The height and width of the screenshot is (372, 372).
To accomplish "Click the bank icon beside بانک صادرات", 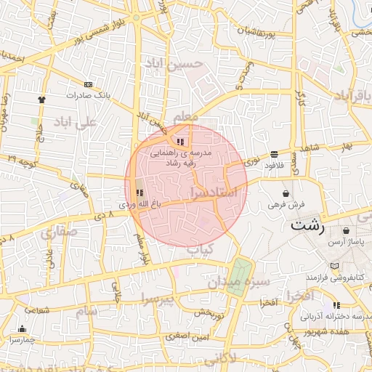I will click(89, 84).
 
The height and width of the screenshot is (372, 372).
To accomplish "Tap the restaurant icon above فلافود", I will click(274, 154).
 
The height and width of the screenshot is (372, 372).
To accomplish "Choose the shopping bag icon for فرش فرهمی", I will click(287, 194).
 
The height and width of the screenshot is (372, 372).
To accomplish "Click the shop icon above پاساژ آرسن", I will click(346, 231).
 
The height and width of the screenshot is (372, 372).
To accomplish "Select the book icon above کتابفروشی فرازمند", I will click(333, 266).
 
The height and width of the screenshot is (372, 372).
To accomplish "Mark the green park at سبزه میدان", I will click(237, 277).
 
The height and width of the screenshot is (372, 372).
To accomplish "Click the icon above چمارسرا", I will click(23, 328).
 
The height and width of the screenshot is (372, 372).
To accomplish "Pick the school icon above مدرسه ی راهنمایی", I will click(179, 142).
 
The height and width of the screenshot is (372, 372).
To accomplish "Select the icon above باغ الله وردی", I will click(139, 193).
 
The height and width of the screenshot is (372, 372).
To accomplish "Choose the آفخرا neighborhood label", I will click(299, 296).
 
